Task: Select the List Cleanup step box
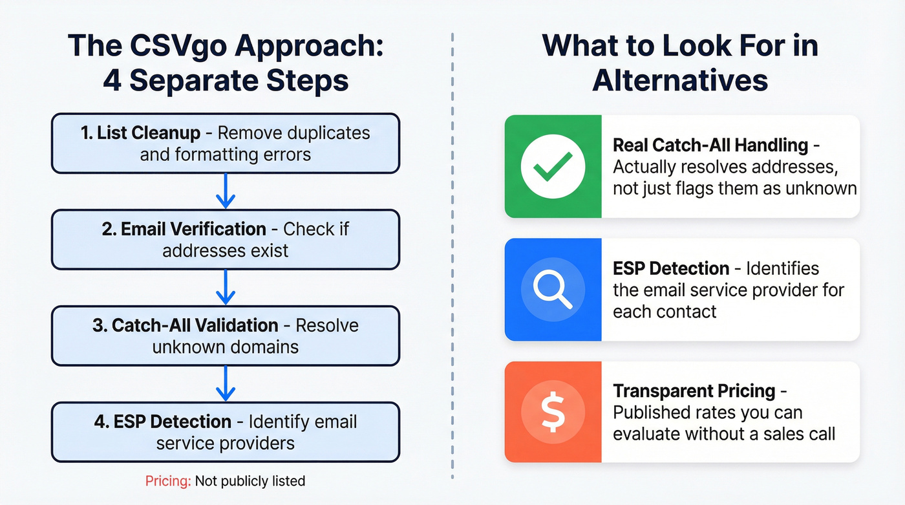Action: [225, 144]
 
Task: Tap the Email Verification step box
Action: [225, 239]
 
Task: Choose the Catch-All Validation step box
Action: [225, 336]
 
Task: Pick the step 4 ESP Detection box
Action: [225, 432]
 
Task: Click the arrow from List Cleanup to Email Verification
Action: [225, 191]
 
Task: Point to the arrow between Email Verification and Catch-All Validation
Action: [225, 287]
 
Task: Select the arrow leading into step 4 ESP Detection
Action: [225, 383]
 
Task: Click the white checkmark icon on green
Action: [553, 166]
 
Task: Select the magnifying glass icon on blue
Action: [553, 290]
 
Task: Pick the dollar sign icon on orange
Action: [553, 413]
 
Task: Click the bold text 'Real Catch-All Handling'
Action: [710, 145]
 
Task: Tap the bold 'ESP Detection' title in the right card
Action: [671, 268]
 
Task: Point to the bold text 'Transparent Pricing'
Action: [694, 391]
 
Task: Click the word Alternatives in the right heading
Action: [680, 81]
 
